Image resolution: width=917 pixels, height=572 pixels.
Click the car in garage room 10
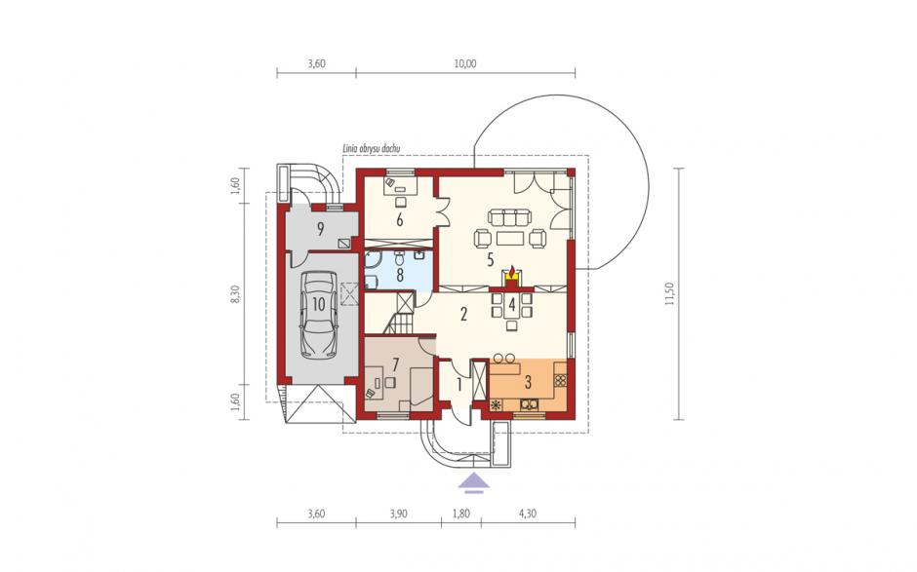pyautogui.click(x=319, y=315)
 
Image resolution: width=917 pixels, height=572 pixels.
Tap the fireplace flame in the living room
pyautogui.click(x=512, y=272)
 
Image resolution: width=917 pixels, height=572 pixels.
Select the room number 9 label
pyautogui.click(x=321, y=229)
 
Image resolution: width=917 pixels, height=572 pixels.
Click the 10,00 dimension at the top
pyautogui.click(x=465, y=63)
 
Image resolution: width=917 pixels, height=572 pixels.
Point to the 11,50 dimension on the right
pyautogui.click(x=669, y=294)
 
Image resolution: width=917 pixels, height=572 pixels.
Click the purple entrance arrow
pyautogui.click(x=474, y=483)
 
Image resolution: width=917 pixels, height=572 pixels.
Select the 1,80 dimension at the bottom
pyautogui.click(x=461, y=515)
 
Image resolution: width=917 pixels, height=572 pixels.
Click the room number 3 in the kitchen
pyautogui.click(x=528, y=383)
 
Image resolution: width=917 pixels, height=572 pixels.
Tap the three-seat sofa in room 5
pyautogui.click(x=509, y=218)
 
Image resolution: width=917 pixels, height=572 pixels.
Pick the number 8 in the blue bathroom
pyautogui.click(x=400, y=275)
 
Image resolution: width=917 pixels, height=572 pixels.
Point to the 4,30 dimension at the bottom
pyautogui.click(x=528, y=515)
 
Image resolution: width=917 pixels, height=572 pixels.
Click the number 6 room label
pyautogui.click(x=400, y=220)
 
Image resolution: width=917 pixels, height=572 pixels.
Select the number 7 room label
pyautogui.click(x=396, y=365)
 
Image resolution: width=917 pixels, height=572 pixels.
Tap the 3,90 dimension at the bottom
pyautogui.click(x=398, y=515)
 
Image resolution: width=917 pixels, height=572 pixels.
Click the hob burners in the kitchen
pyautogui.click(x=560, y=380)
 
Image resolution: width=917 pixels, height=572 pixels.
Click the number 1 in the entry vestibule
pyautogui.click(x=459, y=386)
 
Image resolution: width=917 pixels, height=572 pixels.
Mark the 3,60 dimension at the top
pyautogui.click(x=316, y=63)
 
